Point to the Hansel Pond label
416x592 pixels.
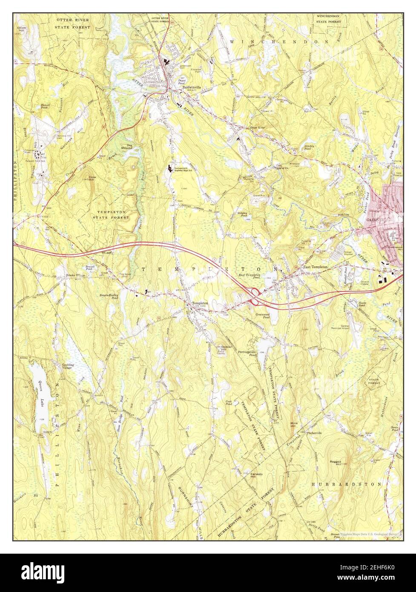(46, 106)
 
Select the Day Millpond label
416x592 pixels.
(127, 147)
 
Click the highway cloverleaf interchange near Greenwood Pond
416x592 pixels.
(256, 296)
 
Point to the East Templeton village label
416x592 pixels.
(315, 267)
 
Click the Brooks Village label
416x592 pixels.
(75, 276)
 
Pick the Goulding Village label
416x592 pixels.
(68, 367)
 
